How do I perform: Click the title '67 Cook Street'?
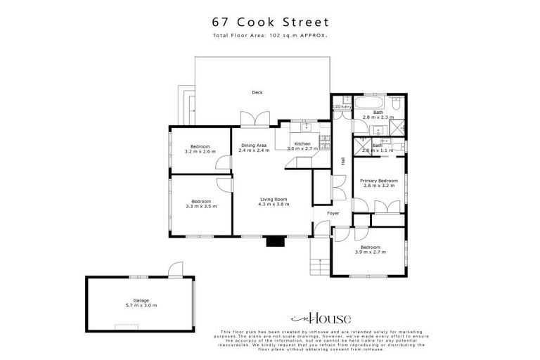click(270, 22)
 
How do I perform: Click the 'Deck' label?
click(257, 92)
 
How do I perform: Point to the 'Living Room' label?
click(273, 199)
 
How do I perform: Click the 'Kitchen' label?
click(302, 144)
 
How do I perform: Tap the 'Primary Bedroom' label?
click(379, 181)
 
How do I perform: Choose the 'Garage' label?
click(141, 300)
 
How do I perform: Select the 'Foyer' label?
click(333, 213)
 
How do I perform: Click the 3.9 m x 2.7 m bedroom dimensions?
click(371, 252)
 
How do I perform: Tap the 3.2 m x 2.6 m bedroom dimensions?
click(200, 151)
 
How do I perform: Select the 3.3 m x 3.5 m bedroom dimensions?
click(200, 206)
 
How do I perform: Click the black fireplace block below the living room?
click(274, 242)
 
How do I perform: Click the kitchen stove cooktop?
click(307, 127)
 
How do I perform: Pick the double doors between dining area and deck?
click(253, 119)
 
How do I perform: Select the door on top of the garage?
click(176, 269)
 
